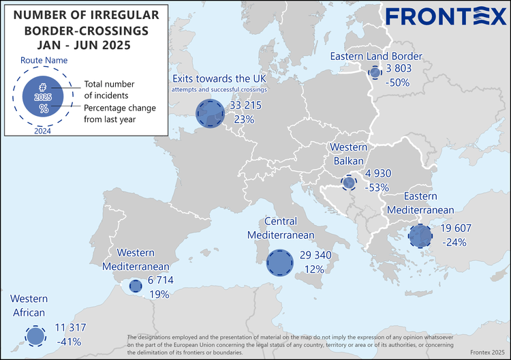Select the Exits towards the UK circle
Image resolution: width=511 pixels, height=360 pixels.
coord(209,113)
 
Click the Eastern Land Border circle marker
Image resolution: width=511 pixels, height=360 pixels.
coord(374,72)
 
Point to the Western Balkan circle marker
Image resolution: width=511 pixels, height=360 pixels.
coord(349,183)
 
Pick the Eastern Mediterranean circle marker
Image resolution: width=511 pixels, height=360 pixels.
coord(420,235)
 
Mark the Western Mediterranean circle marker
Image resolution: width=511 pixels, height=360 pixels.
coord(134,288)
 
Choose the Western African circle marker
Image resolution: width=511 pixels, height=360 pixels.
coord(33,335)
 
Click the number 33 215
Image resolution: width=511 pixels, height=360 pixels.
coord(246,106)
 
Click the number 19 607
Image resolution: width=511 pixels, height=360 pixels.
coord(456,228)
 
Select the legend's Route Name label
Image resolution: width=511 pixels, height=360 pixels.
coord(43,61)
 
